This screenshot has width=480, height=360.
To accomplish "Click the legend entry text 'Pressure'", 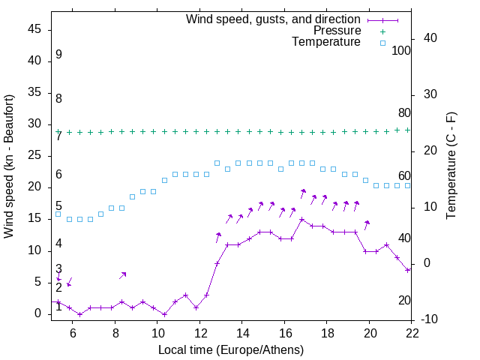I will point(337,31).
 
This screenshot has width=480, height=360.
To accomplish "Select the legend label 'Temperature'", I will point(326,42).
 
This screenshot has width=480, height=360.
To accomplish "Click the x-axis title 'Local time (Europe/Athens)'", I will point(231,349).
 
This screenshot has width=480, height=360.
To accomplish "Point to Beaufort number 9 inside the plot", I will point(58,55).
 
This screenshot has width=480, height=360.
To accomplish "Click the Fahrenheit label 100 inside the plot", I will point(401,50).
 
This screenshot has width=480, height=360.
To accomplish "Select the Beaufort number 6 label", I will point(58,174).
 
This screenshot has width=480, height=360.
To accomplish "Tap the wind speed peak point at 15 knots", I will point(301,220).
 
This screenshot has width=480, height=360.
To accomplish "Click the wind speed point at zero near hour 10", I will point(164,314).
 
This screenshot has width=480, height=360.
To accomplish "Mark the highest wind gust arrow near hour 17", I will point(303,193).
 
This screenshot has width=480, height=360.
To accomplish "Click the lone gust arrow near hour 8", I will point(123,275).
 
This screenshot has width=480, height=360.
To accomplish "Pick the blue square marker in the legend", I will point(382,43).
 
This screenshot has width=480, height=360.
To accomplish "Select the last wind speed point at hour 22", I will point(407,270).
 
